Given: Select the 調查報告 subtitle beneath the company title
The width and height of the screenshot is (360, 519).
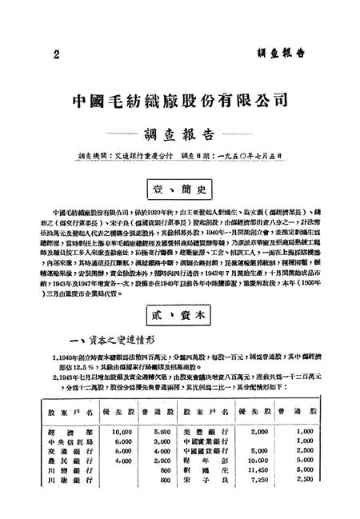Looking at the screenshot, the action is [x=179, y=134].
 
